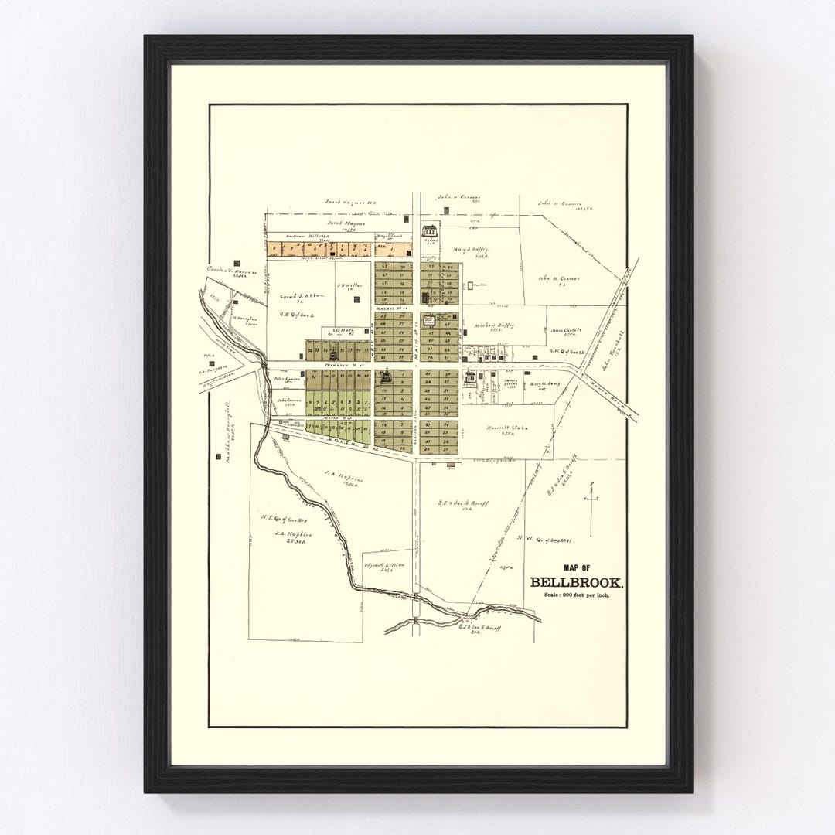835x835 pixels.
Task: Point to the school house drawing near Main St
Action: pos(429,230)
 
